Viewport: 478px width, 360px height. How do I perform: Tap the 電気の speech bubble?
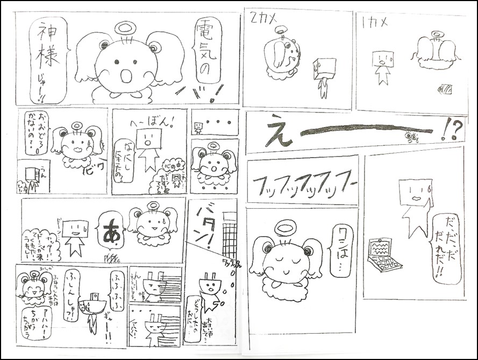tap(208, 51)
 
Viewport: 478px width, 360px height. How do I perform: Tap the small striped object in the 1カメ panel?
tap(446, 88)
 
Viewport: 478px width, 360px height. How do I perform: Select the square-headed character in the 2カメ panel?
tap(324, 75)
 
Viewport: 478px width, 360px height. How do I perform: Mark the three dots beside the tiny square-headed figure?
tap(222, 122)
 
